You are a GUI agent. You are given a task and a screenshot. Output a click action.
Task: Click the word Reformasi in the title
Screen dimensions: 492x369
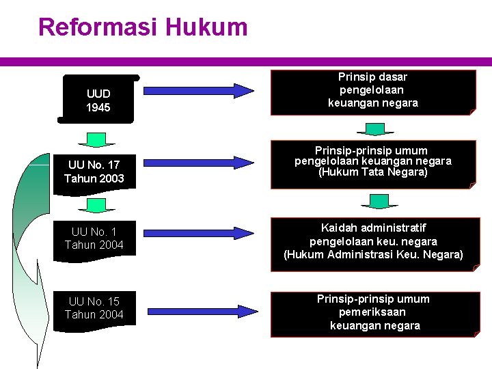point(98,27)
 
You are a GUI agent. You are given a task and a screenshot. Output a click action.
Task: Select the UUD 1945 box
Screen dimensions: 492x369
point(98,100)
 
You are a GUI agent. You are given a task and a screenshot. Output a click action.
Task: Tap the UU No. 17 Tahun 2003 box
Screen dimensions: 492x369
point(94,172)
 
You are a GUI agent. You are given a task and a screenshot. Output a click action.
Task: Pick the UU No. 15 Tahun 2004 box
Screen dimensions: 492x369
point(94,308)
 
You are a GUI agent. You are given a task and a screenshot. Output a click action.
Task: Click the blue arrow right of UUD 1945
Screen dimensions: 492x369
point(198,91)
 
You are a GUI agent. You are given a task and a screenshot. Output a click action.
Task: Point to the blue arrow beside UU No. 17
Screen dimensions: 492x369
point(198,163)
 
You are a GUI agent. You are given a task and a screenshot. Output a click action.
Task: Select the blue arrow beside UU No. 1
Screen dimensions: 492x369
point(198,232)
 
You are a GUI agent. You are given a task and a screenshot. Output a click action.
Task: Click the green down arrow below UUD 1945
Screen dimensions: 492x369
point(96,140)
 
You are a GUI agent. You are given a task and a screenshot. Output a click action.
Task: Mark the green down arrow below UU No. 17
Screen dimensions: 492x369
point(96,205)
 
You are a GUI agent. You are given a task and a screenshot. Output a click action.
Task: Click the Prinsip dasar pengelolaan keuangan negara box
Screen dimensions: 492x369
point(372,92)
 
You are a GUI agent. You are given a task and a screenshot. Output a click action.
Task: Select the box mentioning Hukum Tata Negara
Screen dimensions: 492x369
point(372,163)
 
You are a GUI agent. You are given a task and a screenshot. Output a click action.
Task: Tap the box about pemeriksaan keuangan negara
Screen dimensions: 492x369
point(373,313)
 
